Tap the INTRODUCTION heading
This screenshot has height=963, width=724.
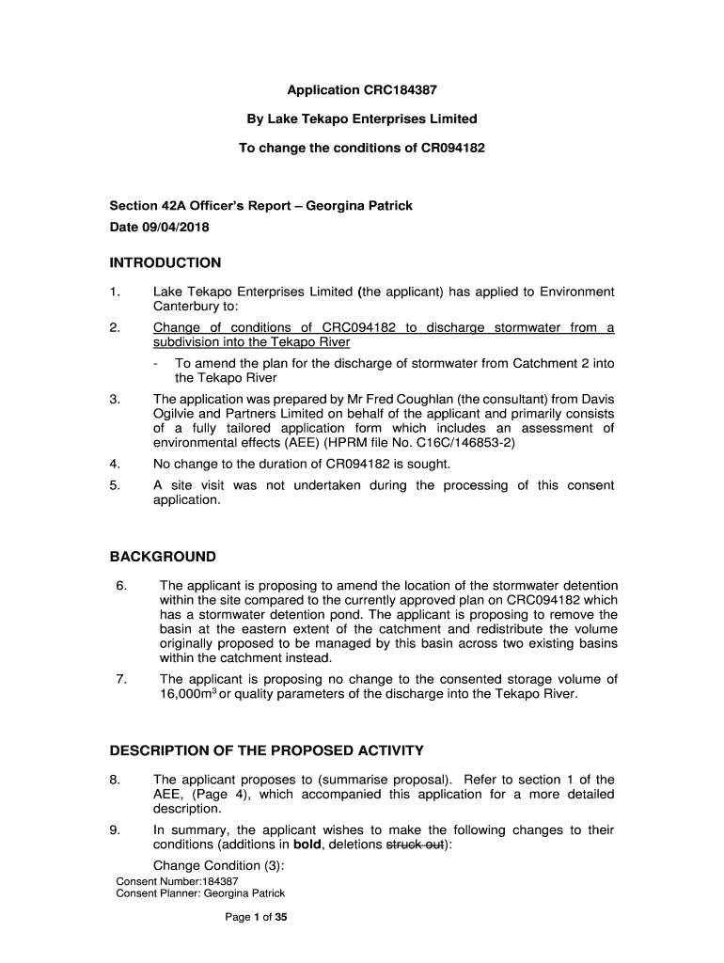[x=165, y=263]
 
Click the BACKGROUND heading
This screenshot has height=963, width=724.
[x=163, y=557]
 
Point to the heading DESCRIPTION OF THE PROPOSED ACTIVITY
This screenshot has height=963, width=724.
[x=267, y=750]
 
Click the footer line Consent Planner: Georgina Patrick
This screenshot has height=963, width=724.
[x=200, y=893]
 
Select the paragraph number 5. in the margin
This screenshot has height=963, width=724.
[x=115, y=486]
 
